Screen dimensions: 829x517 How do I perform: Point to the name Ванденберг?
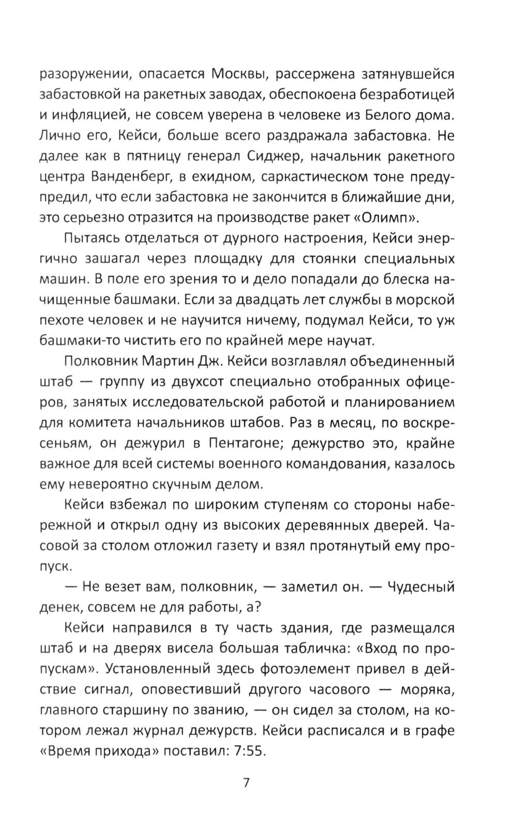(132, 177)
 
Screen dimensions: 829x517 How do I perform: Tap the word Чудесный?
(420, 587)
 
